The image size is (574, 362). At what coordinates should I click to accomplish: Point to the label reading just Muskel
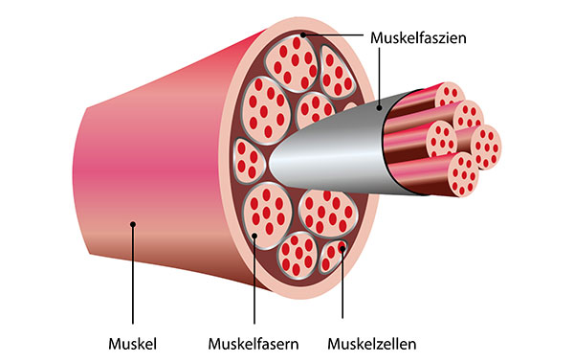132,342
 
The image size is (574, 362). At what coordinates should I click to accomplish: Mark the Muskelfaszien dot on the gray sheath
378,108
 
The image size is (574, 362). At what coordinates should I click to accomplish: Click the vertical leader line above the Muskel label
133,278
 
